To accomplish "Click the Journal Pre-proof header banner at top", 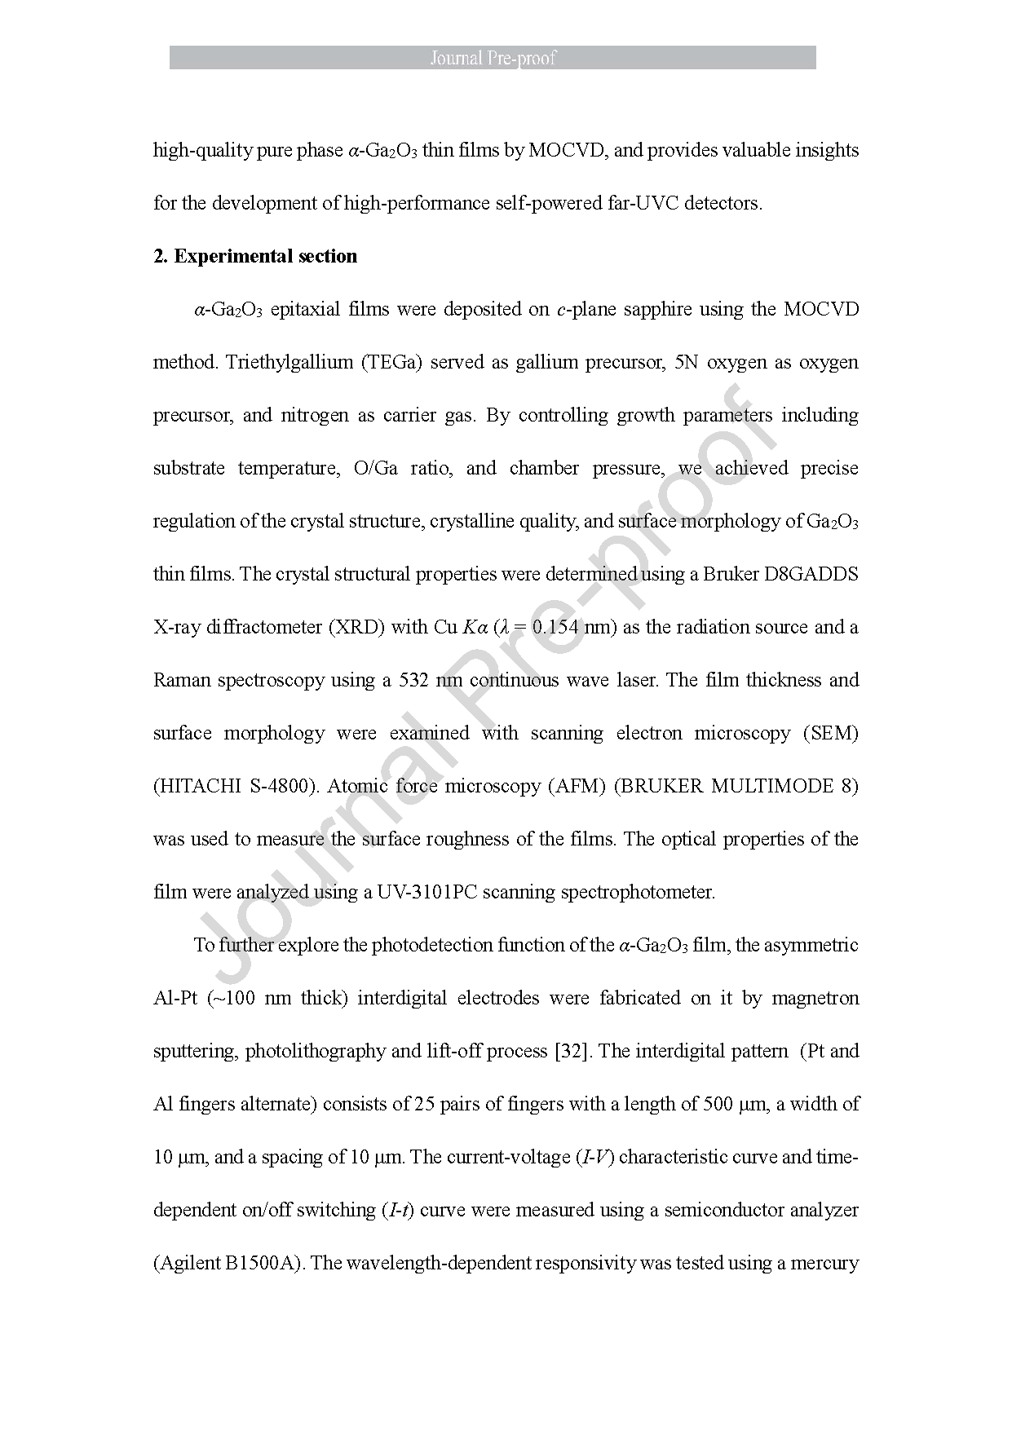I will [493, 58].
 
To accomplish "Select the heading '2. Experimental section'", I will [255, 256].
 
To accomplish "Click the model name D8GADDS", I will [811, 574].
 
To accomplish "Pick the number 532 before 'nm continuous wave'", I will [414, 680].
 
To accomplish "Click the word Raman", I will [180, 680].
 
